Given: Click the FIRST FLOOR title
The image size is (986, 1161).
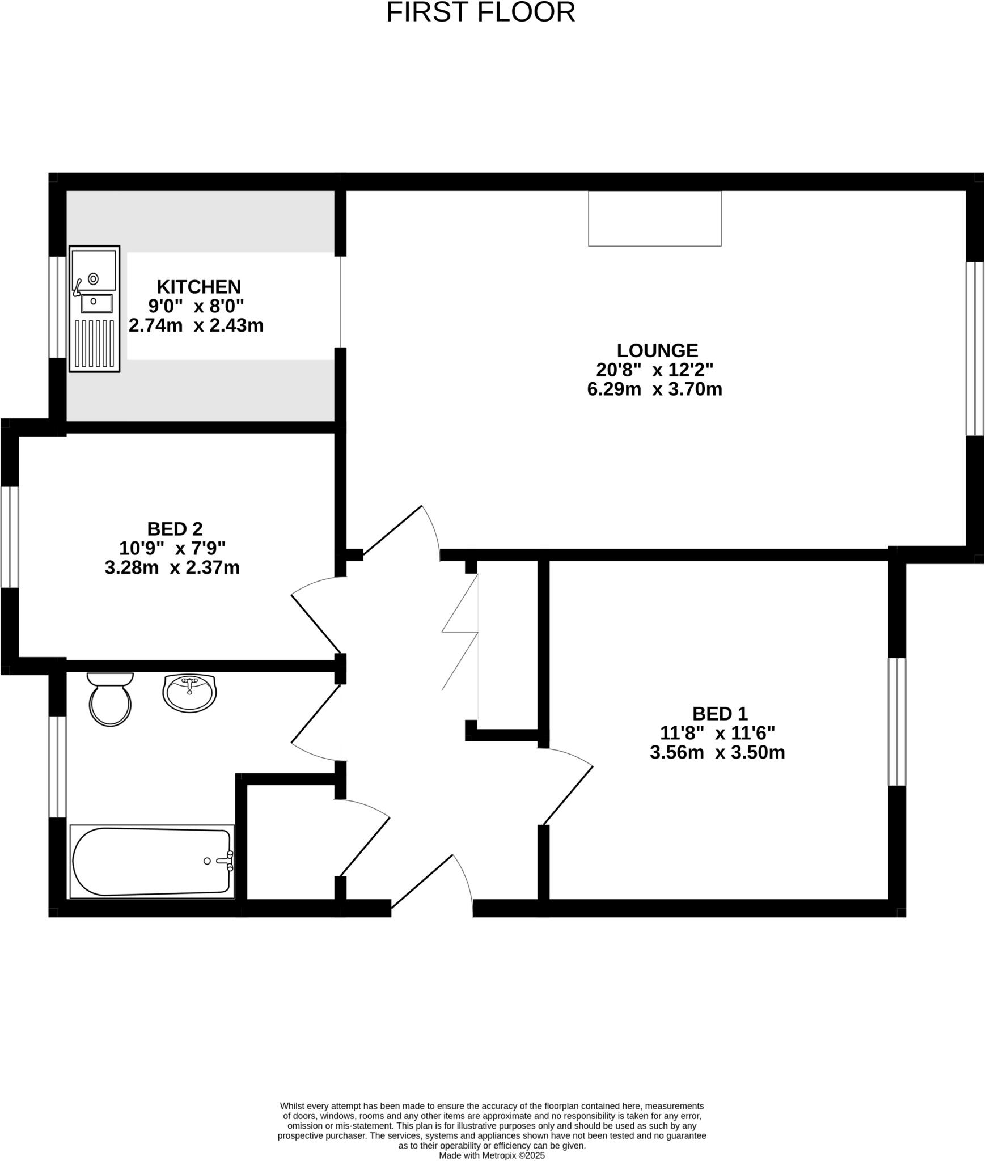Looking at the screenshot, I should [480, 12].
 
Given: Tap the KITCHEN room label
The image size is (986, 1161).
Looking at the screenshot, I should [198, 287].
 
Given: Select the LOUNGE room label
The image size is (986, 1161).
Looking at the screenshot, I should [657, 350].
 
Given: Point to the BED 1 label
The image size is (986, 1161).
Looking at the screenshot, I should [720, 714].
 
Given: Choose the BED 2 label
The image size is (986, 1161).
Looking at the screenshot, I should [175, 529].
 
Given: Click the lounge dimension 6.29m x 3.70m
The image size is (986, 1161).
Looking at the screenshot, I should [654, 389].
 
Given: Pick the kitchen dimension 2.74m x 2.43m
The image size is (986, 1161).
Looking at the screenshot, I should [196, 326].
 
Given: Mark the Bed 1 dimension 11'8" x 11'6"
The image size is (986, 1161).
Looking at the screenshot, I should [717, 734].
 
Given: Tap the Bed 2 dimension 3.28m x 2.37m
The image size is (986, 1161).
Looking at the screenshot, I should [172, 567].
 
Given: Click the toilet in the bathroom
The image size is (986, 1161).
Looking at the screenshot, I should [111, 701].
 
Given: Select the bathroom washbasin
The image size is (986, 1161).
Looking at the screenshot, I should [189, 692].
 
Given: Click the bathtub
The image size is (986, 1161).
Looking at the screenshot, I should [152, 862].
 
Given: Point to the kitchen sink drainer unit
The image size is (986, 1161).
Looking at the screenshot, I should [94, 309].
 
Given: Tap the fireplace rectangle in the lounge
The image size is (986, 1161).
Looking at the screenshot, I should [654, 218].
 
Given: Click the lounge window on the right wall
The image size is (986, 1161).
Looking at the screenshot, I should [974, 349].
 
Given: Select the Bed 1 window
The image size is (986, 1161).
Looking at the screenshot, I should [896, 722].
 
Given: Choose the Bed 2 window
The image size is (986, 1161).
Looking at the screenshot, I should [10, 537].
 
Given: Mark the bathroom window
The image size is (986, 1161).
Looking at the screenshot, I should [57, 767].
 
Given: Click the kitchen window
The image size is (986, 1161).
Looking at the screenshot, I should [57, 307].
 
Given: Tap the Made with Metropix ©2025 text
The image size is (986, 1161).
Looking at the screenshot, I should [492, 1155].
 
